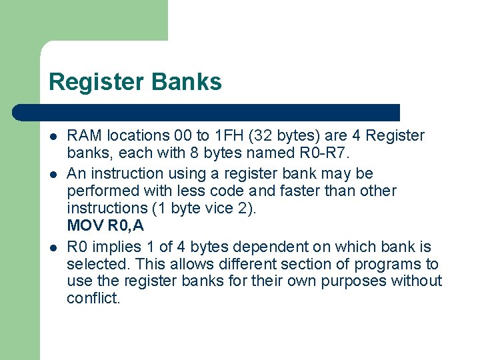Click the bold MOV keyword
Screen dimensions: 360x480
(x=83, y=227)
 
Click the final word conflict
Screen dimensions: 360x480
(x=93, y=299)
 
